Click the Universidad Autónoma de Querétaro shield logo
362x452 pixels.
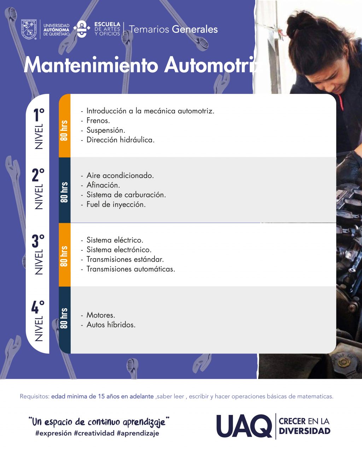point(29,29)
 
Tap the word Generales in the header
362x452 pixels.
point(195,29)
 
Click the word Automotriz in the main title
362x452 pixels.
point(213,65)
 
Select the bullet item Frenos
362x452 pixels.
point(98,120)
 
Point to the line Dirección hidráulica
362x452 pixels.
point(120,140)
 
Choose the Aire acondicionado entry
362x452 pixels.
point(120,176)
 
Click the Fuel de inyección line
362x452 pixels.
point(116,204)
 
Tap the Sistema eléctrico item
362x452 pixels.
point(115,240)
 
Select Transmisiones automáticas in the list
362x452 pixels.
point(130,269)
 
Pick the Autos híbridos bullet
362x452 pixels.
point(111,325)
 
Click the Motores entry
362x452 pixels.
point(101,315)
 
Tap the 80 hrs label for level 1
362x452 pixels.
point(64,130)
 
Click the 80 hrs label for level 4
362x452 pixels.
point(64,318)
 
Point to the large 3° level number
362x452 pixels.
point(38,241)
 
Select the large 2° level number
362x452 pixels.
point(38,175)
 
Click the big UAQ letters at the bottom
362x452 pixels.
point(244,426)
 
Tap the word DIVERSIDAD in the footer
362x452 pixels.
point(305,431)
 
